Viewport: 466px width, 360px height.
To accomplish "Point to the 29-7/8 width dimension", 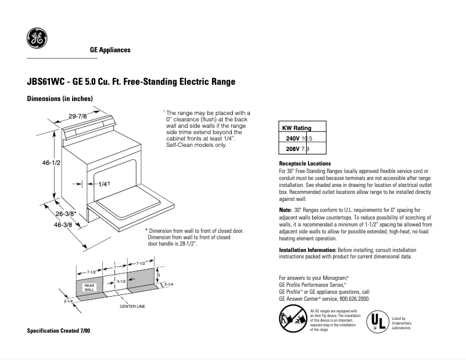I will tap(77, 117).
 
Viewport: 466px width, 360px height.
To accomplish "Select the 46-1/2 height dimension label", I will tap(51, 163).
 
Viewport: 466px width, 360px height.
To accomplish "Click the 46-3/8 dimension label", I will tap(63, 224).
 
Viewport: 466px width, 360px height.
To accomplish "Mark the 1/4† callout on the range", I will tap(105, 183).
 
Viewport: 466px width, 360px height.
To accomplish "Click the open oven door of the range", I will tap(131, 206).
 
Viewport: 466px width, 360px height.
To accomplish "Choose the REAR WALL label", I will tap(89, 287).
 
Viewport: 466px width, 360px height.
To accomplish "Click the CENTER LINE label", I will tap(132, 305).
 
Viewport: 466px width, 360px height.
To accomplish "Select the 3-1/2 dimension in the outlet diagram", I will tap(121, 281).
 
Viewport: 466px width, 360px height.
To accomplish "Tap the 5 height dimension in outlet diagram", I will tap(159, 275).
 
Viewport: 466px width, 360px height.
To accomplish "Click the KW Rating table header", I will tap(296, 128).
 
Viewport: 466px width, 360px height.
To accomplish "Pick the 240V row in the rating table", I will tap(299, 138).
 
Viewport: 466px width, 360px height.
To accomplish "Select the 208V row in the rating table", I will tap(299, 149).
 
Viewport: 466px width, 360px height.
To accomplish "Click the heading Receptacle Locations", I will tap(305, 164).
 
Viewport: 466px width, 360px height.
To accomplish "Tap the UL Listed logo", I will tap(377, 321).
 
